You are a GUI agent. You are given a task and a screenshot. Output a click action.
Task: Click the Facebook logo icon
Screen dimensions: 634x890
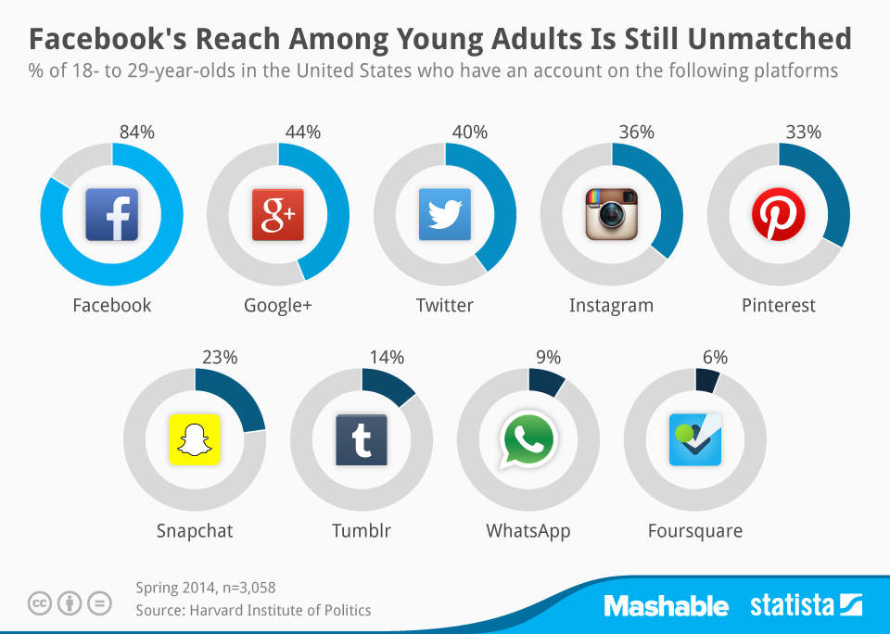coord(111,214)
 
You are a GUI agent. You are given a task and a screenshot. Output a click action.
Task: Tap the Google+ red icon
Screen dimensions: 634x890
coord(278,214)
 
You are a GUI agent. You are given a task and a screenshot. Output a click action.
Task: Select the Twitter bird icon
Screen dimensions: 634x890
coord(445,214)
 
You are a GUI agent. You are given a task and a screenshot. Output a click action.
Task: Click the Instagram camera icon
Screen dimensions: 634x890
coord(612,214)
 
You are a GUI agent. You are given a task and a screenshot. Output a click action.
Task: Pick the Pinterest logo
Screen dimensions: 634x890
coord(779,214)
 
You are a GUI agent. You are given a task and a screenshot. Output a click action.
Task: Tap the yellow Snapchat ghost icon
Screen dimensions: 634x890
coord(195,439)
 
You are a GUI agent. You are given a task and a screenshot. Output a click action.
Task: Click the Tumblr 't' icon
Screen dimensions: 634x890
coord(362,439)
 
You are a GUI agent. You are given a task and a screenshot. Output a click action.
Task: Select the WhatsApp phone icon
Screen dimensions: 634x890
coord(528,439)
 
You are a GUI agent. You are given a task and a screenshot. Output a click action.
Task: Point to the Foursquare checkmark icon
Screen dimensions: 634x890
coord(695,439)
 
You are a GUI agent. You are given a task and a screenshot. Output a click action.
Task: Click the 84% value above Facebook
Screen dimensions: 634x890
coord(136,133)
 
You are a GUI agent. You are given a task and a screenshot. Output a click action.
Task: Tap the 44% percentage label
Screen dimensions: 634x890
coord(303,133)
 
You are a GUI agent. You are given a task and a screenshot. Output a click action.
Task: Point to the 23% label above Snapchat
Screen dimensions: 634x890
coord(220,357)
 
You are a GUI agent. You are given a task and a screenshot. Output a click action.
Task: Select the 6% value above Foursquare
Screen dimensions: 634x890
coord(715,357)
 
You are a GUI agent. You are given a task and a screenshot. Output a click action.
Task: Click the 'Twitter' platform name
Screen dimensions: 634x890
coord(445,305)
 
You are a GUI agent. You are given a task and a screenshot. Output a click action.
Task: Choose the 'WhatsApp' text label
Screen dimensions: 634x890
coord(528,531)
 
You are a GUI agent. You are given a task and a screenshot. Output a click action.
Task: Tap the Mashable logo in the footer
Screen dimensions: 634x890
coord(666,606)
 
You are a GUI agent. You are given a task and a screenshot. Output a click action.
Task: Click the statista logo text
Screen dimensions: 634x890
coord(794,606)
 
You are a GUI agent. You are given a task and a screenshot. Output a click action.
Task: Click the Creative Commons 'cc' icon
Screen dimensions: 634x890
coord(39,604)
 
